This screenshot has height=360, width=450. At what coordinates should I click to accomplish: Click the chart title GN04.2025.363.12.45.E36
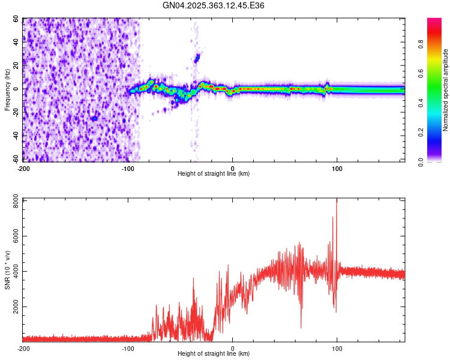click(x=214, y=5)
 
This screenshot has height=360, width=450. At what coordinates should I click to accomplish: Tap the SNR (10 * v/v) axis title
click(x=7, y=270)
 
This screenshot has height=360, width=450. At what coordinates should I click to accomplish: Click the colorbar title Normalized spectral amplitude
click(x=446, y=90)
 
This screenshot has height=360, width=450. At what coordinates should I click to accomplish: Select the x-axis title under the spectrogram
click(x=214, y=173)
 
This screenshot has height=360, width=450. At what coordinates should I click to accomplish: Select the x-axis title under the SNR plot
click(x=214, y=353)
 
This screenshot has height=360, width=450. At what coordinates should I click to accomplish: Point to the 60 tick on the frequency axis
click(x=16, y=19)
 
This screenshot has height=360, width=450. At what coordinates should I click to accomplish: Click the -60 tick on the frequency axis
click(x=15, y=160)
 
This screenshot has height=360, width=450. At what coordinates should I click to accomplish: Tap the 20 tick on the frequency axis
click(x=16, y=65)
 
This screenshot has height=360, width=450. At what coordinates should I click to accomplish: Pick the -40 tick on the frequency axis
click(x=15, y=136)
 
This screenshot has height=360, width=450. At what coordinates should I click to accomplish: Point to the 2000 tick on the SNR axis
click(x=12, y=306)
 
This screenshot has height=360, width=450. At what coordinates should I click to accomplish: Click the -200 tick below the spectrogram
click(x=23, y=169)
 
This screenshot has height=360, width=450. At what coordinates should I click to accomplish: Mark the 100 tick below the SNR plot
click(x=337, y=348)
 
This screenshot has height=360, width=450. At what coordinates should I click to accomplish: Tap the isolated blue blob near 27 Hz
click(x=197, y=58)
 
